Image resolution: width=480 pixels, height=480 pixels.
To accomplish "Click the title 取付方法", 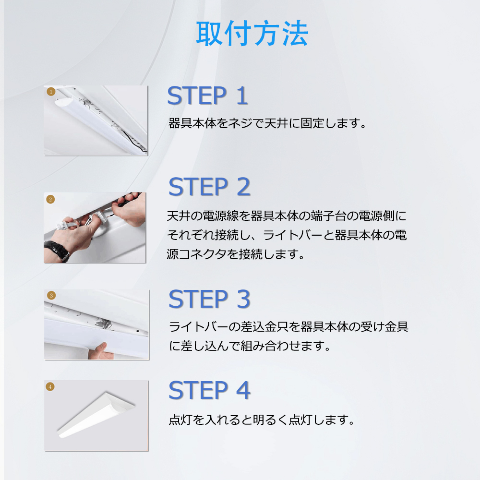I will [252, 34].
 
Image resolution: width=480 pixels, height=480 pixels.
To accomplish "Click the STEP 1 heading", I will [207, 96].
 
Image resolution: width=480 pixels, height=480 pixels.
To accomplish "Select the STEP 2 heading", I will [209, 187].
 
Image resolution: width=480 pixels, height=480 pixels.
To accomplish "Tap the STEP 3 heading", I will [209, 299].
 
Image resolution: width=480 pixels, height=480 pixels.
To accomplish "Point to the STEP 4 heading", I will [209, 390].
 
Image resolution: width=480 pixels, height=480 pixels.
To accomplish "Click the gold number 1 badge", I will [50, 91].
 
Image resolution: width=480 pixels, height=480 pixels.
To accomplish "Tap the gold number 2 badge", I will [50, 199].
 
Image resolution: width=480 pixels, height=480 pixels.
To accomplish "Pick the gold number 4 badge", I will [50, 386].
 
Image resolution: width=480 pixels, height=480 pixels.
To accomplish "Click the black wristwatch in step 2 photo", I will [57, 251].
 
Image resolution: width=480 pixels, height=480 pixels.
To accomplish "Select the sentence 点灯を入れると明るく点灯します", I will [262, 420].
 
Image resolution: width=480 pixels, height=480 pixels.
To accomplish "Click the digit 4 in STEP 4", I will [243, 390].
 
